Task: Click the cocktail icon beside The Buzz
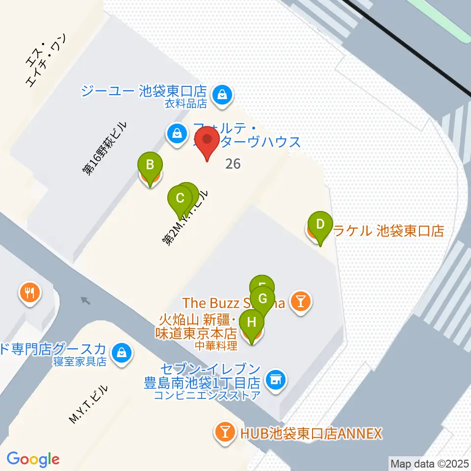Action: point(300,301)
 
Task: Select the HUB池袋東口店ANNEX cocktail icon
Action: point(225,432)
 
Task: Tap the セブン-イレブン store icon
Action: point(275,379)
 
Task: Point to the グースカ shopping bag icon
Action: point(121,351)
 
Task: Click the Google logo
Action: point(33,460)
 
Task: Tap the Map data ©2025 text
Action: point(428,463)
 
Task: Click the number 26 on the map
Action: point(233,163)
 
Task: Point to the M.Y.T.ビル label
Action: point(88,405)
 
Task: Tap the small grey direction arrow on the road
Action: point(86,300)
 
